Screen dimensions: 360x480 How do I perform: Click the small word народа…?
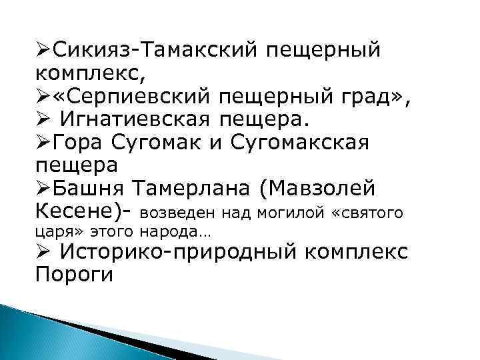click(x=171, y=233)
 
